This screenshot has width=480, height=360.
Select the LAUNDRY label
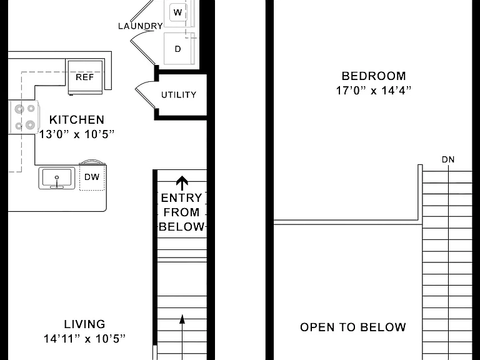[141, 26]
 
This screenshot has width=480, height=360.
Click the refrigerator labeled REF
[85, 77]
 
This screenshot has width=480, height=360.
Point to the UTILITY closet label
[179, 95]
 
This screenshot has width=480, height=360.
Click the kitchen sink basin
[57, 178]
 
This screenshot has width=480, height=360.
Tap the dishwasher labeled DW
[92, 177]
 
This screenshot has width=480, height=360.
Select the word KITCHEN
[77, 120]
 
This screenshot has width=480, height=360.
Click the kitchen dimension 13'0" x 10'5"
[77, 134]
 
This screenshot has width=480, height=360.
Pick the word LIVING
[85, 324]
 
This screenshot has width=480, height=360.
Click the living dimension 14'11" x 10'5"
[85, 339]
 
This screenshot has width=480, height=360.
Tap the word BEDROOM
[374, 76]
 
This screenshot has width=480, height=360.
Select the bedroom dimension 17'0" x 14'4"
[374, 91]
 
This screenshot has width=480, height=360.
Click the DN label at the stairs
[448, 159]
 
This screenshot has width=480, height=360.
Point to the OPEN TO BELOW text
[353, 327]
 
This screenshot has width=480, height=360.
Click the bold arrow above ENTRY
[182, 183]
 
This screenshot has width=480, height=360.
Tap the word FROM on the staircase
[181, 212]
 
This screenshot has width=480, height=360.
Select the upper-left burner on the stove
[19, 109]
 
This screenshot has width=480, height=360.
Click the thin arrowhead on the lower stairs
[182, 319]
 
